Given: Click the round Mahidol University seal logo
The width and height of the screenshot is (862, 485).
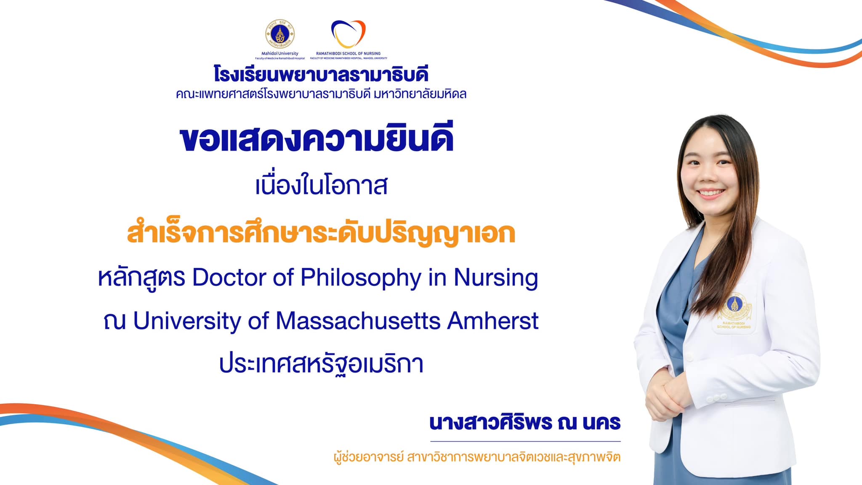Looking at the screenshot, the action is tap(280, 34).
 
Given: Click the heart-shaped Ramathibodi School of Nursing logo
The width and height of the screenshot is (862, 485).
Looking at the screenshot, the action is tap(349, 34).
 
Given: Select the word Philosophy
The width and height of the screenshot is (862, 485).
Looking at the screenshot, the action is tap(361, 279).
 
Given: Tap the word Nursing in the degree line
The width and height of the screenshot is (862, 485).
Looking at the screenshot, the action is tap(496, 279).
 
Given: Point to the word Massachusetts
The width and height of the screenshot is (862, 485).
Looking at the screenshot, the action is tap(358, 321).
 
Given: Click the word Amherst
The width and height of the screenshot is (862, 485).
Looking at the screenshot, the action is tap(493, 321).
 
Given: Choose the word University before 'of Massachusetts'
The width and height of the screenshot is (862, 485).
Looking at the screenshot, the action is tap(186, 322).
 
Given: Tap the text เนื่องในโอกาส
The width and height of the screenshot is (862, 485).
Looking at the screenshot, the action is tap(322, 186).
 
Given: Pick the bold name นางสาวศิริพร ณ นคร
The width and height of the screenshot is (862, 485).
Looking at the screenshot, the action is tap(525, 422).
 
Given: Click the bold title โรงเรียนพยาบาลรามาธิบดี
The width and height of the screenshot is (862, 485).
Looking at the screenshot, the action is tap(321, 75).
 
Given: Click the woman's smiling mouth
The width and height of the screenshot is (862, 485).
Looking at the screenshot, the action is tap(711, 193).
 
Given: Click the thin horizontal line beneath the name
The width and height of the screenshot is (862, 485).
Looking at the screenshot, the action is tap(525, 441).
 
